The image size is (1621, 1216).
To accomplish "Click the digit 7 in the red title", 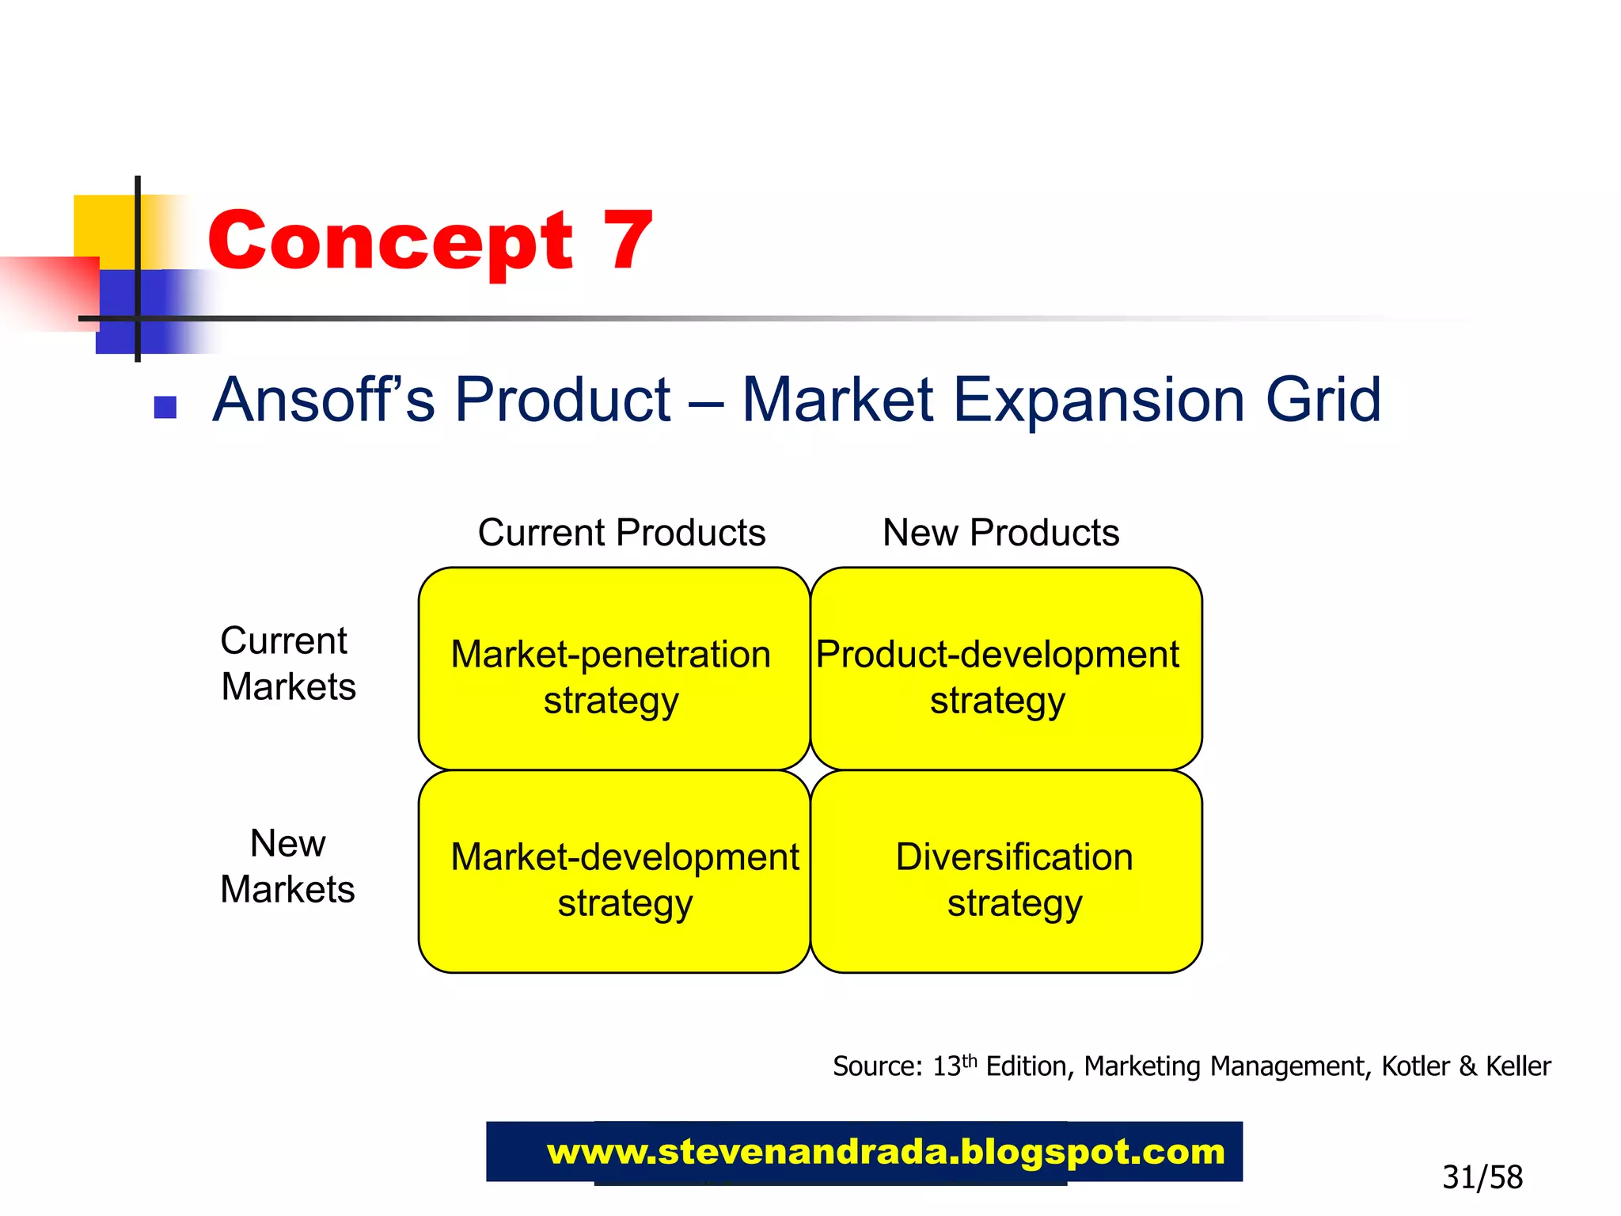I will click(x=628, y=241).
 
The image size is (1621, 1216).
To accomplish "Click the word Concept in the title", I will click(x=390, y=242).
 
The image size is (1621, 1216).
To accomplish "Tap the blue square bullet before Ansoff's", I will click(x=165, y=407).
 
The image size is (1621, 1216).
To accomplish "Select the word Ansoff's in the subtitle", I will click(x=324, y=400).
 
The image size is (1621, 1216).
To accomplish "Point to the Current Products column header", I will click(x=621, y=533).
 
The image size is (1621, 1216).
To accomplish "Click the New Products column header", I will click(x=1000, y=533).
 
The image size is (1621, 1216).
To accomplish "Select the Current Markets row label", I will click(x=287, y=663).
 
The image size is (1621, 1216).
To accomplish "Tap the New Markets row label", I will click(x=287, y=866).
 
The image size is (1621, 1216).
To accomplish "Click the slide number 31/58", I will click(x=1482, y=1177).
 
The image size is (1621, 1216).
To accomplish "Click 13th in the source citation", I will click(x=954, y=1066).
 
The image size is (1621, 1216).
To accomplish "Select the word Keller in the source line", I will click(x=1517, y=1066).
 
